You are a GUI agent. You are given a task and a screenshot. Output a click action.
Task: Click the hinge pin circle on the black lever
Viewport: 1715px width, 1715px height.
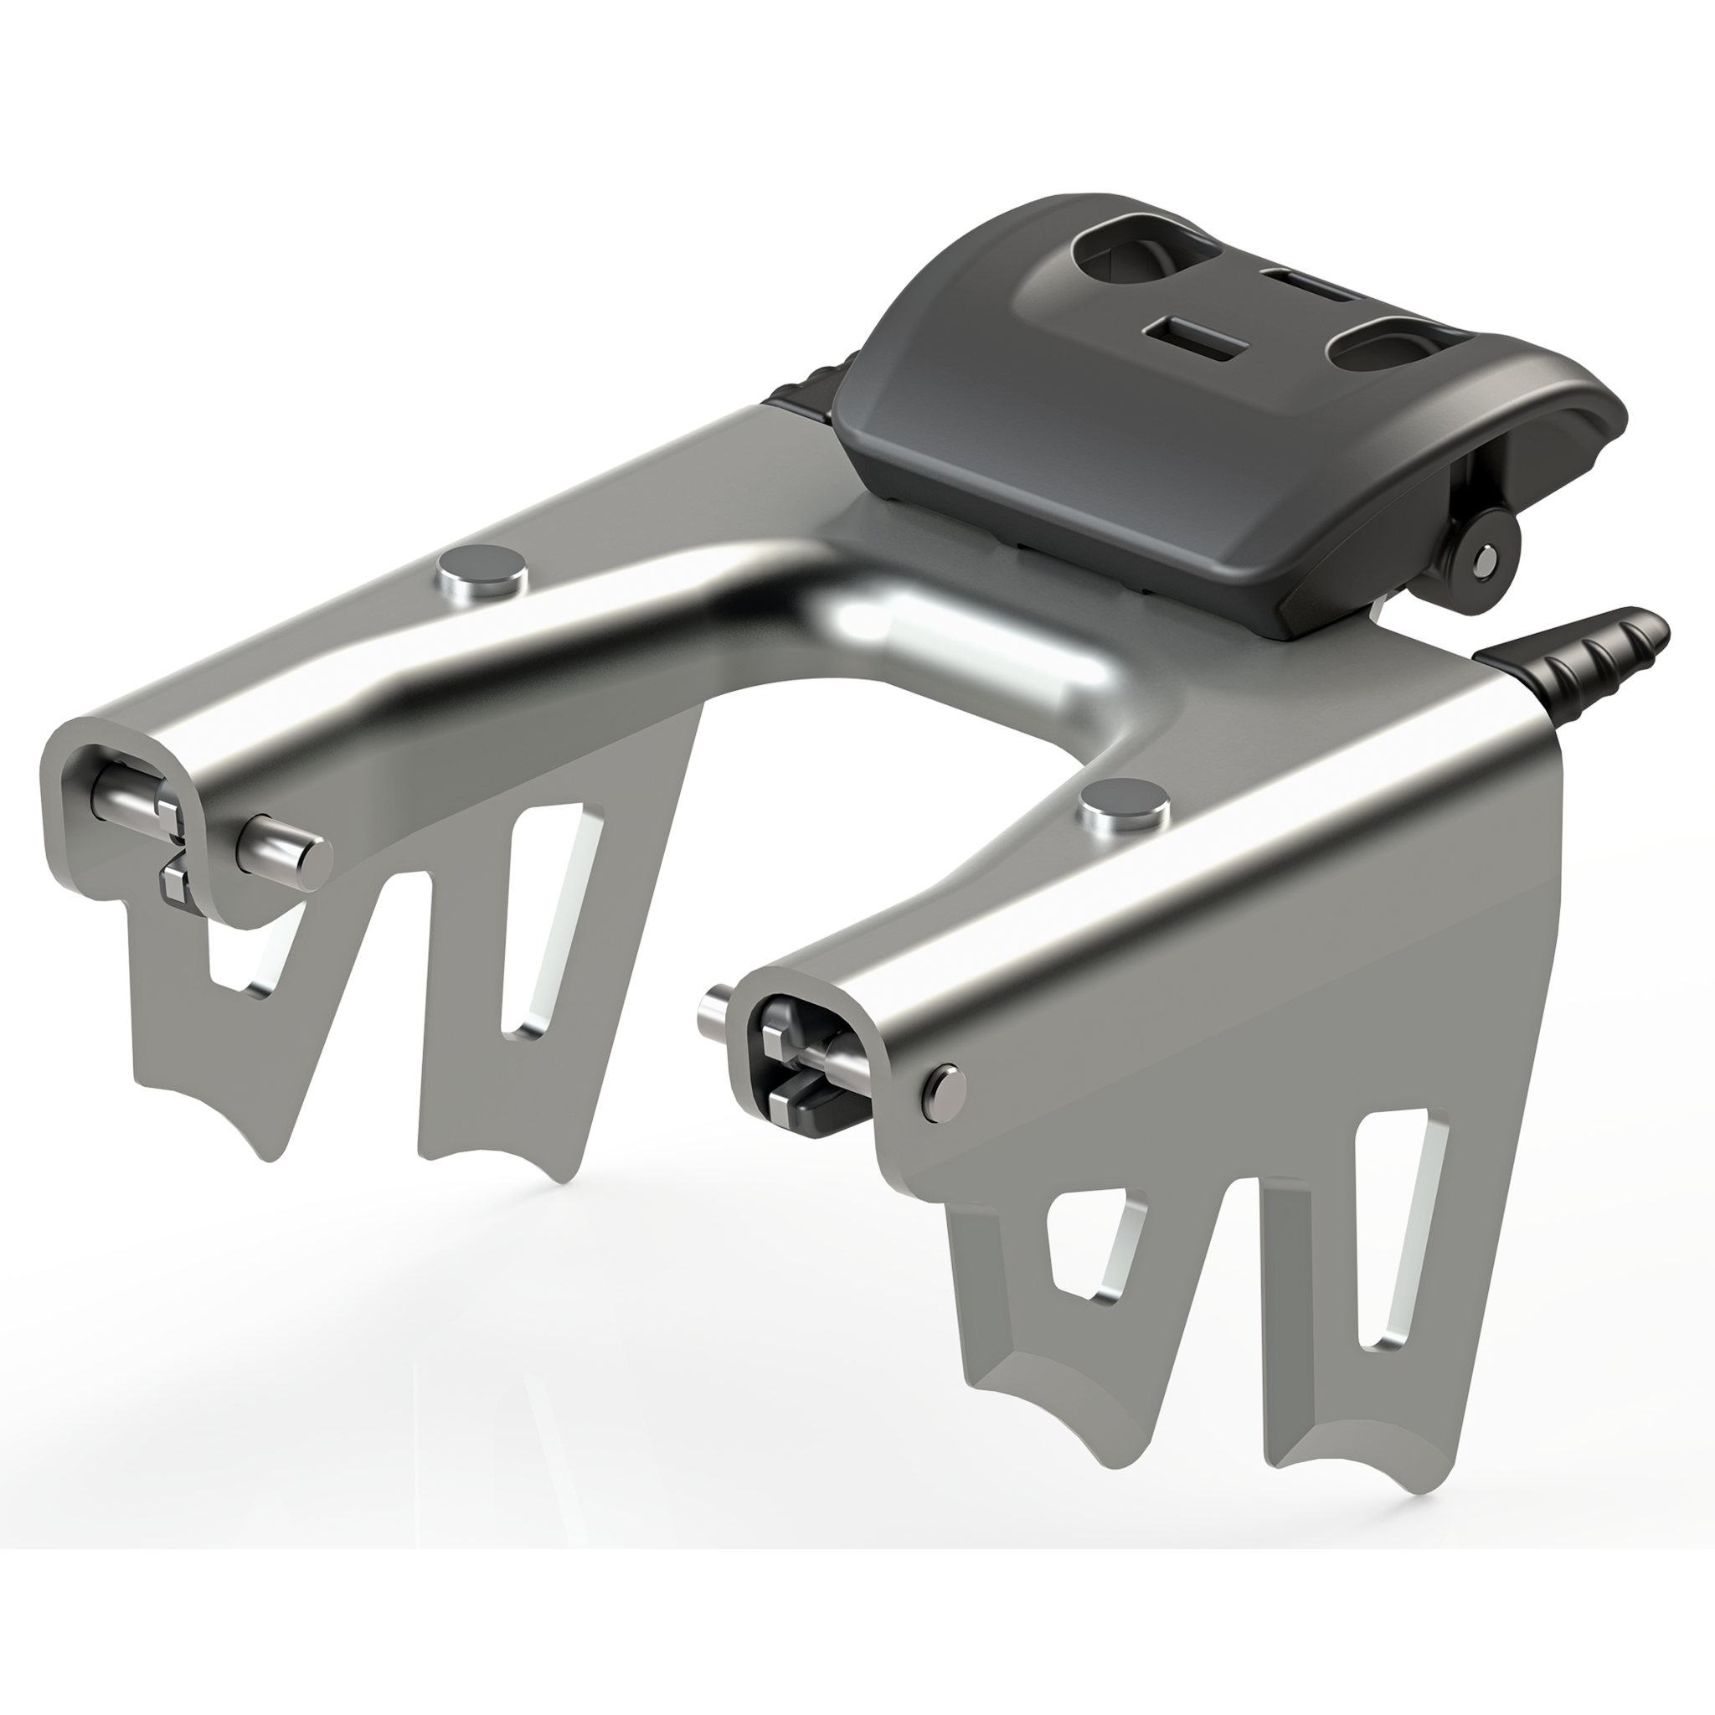pos(1479,559)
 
